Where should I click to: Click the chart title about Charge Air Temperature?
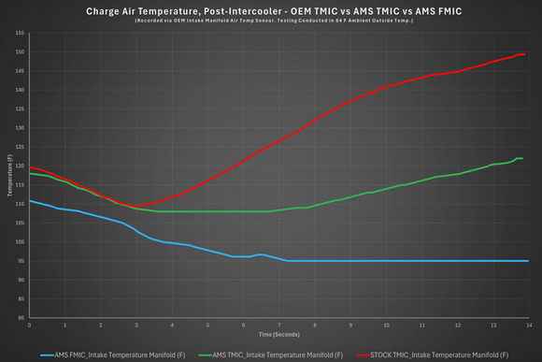tap(270, 12)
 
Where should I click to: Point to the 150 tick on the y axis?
tap(20, 51)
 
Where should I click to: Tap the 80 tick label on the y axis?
tap(21, 318)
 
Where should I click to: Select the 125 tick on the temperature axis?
tap(20, 147)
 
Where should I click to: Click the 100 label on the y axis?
tap(20, 242)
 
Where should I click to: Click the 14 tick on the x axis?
tap(529, 325)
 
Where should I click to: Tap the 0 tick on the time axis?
tap(30, 325)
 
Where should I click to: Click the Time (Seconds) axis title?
tap(278, 333)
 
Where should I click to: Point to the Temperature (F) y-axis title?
tap(9, 175)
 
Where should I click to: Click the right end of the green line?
tap(521, 158)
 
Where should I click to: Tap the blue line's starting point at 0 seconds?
tap(30, 200)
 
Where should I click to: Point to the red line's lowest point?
tap(137, 206)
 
